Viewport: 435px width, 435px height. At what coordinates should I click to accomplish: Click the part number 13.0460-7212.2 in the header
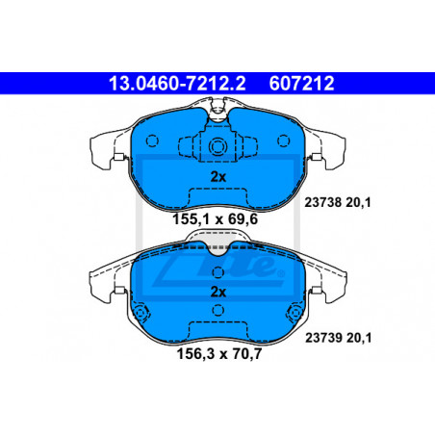coord(177,84)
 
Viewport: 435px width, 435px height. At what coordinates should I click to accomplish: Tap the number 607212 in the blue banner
coord(301,84)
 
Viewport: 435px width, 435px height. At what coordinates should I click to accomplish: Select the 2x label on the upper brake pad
coord(218,177)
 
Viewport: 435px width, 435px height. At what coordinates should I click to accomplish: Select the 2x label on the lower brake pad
coord(218,292)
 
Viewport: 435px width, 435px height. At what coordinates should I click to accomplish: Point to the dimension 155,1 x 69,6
coord(215,219)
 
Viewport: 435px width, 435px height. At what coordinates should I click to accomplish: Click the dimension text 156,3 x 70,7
coord(219,354)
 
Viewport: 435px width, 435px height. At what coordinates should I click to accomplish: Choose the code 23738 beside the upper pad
coord(322,202)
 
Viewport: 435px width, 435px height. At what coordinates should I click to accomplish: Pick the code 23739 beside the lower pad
coord(323,338)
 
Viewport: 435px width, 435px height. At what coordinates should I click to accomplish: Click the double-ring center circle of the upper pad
coord(217,147)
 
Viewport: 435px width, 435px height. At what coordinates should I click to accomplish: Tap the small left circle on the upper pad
coord(152,141)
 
